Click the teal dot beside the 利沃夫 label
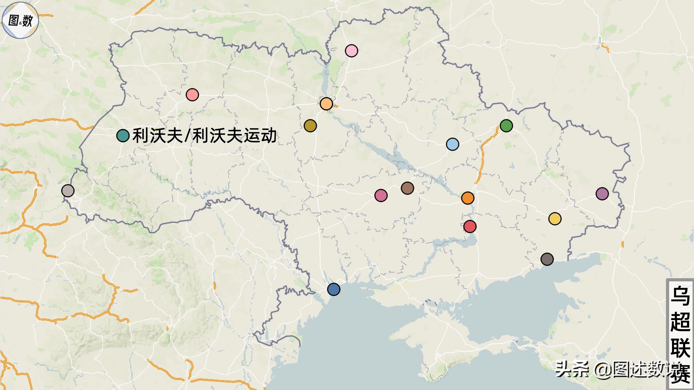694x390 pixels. click(123, 135)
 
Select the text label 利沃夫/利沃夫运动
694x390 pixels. click(204, 135)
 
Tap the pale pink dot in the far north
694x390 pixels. click(351, 51)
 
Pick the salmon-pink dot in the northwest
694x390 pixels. click(192, 94)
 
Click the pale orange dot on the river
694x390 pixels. click(326, 104)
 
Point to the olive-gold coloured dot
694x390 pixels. click(310, 126)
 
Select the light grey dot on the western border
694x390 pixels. click(68, 191)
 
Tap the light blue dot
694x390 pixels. click(453, 144)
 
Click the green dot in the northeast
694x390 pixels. click(506, 126)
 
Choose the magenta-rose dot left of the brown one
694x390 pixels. click(381, 196)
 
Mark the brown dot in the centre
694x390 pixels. click(407, 188)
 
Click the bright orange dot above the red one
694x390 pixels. click(468, 198)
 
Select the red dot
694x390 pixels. click(470, 226)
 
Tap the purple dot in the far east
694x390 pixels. click(602, 194)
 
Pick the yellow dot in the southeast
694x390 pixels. click(555, 219)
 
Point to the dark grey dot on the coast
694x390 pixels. click(547, 259)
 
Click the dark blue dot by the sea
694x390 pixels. click(334, 289)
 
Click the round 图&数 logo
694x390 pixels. click(20, 20)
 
